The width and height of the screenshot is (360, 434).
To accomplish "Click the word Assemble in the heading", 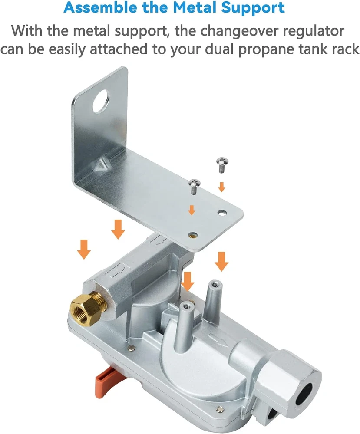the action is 100,7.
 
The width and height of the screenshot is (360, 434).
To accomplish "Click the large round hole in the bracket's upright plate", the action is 101,101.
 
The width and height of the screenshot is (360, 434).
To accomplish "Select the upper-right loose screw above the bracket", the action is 222,165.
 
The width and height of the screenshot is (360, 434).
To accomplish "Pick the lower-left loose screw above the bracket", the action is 194,187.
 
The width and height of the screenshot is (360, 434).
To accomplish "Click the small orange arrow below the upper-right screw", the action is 221,187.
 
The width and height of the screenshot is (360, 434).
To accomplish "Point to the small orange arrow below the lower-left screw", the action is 192,210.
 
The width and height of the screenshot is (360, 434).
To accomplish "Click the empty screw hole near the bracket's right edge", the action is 222,213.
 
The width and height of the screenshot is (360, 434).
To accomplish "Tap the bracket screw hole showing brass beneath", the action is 193,235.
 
